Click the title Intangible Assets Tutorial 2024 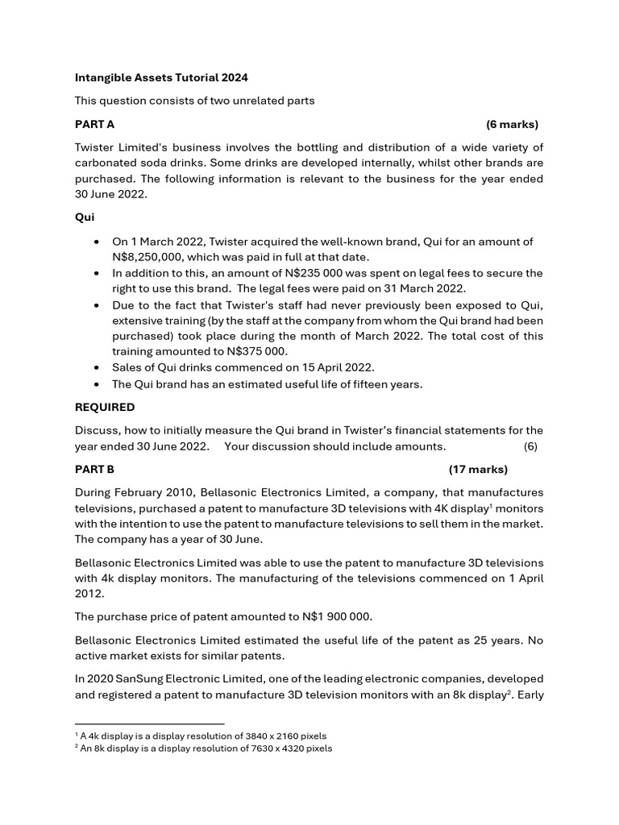[161, 78]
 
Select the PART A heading [95, 124]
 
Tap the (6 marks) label [512, 124]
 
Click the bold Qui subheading [85, 218]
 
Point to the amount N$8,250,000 [149, 257]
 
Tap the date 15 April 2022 [334, 367]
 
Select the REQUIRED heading [105, 407]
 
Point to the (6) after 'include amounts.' [530, 446]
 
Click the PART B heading [95, 470]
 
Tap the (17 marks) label [478, 470]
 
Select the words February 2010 [155, 492]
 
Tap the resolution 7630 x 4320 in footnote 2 [265, 748]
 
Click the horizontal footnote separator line [149, 723]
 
